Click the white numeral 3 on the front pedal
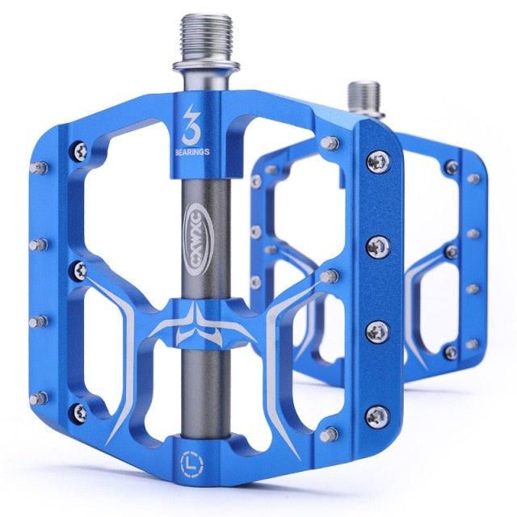pyautogui.click(x=192, y=117)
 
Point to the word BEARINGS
pyautogui.click(x=192, y=149)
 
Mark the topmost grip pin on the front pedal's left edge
pyautogui.click(x=36, y=169)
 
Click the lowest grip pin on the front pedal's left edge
pyautogui.click(x=36, y=397)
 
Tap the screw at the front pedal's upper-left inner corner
pyautogui.click(x=78, y=149)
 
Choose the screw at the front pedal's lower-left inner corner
pyautogui.click(x=78, y=411)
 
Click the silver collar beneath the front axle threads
pyautogui.click(x=196, y=73)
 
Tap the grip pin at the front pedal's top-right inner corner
pyautogui.click(x=330, y=144)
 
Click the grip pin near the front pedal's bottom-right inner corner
pyautogui.click(x=330, y=435)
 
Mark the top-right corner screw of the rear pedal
pyautogui.click(x=451, y=166)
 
